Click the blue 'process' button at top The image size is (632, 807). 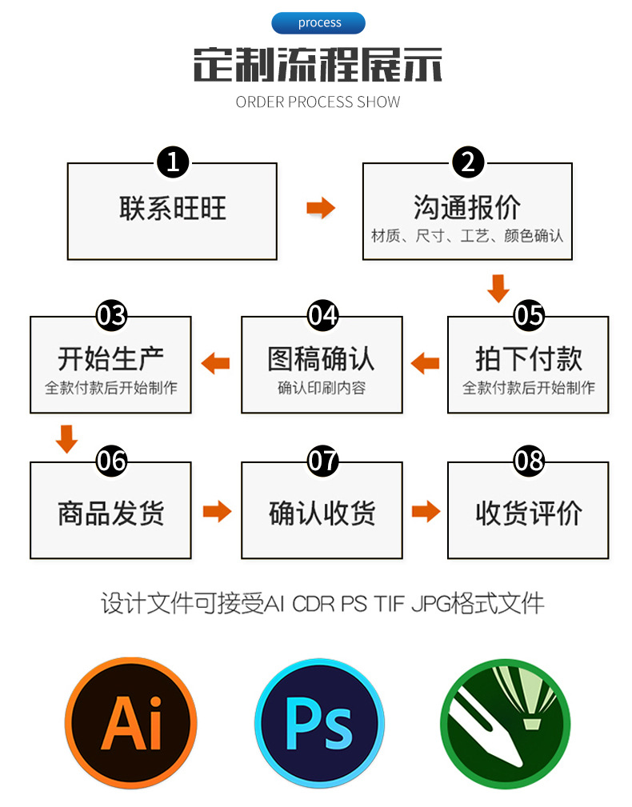point(318,23)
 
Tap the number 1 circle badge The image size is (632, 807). point(173,162)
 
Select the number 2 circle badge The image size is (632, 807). point(468,162)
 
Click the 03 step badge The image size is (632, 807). point(111,316)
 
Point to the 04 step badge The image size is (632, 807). point(322,316)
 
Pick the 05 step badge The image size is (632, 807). point(528,316)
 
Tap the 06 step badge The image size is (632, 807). point(111,461)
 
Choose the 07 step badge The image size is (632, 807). point(322,461)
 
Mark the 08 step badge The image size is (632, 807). point(528,461)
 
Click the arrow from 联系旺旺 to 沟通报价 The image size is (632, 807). point(320,209)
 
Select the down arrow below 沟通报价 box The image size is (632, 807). point(498,288)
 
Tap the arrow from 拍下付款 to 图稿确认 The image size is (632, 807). point(425,364)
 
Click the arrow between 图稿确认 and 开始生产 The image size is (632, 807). point(215,364)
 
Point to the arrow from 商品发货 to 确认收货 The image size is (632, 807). point(216,511)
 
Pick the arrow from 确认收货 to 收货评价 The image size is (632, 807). point(426,511)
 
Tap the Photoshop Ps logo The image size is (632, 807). point(319,721)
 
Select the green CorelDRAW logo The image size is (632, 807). point(505,721)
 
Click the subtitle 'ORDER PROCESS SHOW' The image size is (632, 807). point(318,102)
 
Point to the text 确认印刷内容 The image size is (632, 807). point(322,389)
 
